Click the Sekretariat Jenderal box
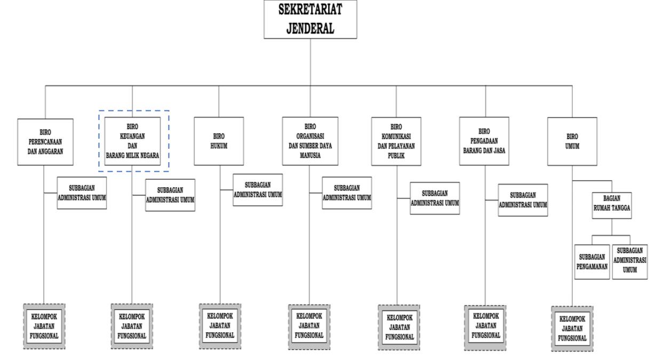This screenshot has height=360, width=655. click(310, 19)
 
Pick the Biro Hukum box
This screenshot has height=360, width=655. click(219, 140)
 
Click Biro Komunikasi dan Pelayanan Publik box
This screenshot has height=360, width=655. click(396, 141)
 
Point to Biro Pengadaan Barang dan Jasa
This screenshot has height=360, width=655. click(485, 140)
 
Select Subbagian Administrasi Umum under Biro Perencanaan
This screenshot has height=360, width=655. click(82, 192)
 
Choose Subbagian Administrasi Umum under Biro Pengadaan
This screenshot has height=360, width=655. click(523, 200)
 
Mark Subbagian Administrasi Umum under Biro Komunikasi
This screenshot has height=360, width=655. click(435, 198)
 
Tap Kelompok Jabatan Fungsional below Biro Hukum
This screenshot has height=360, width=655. click(220, 325)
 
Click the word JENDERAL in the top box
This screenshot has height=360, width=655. click(310, 28)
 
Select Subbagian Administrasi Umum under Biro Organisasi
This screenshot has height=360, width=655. click(347, 192)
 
